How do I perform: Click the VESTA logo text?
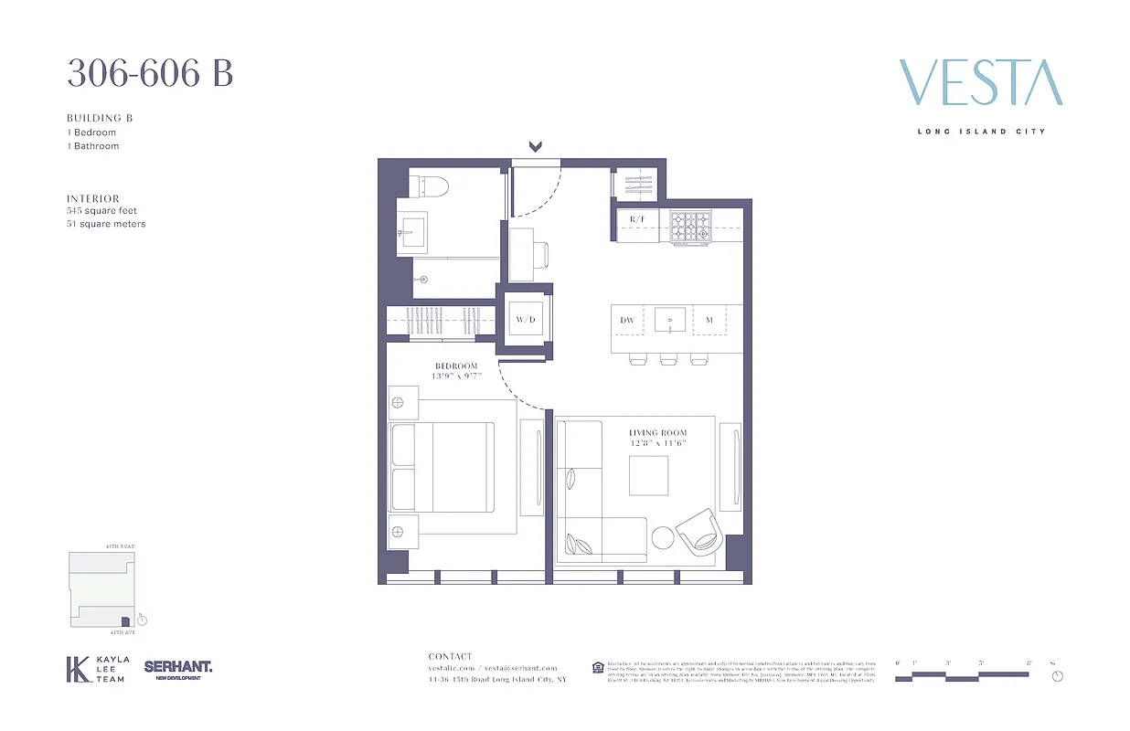click(981, 83)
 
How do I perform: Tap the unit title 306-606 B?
click(150, 73)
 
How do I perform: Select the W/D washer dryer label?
click(525, 320)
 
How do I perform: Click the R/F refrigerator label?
click(636, 219)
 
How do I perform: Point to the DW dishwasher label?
click(627, 320)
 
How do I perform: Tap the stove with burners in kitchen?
click(690, 228)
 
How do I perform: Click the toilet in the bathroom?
click(431, 185)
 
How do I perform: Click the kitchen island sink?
click(670, 320)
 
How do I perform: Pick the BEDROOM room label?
click(457, 366)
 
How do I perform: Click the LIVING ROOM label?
click(657, 432)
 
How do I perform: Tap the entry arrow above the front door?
click(536, 146)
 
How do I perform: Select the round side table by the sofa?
click(660, 538)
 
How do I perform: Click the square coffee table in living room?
click(647, 475)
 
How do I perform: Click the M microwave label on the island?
click(709, 320)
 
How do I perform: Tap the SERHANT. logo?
click(177, 668)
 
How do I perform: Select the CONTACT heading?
click(451, 656)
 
